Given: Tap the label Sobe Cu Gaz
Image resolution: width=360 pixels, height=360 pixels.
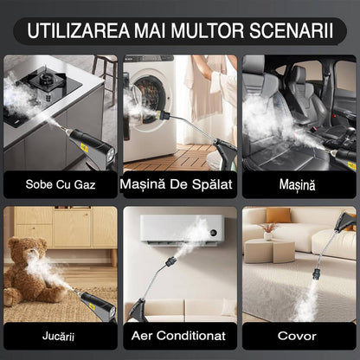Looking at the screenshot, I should [59, 184].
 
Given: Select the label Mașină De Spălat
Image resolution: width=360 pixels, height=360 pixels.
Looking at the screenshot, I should [180, 184].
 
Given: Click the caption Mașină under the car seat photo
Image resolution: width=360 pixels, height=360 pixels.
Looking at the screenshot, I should [299, 184].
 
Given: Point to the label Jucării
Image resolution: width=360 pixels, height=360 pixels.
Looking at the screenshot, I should [59, 335].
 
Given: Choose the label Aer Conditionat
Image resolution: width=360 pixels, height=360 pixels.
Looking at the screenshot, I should [180, 335].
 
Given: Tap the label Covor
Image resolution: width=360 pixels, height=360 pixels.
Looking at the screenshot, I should [299, 335].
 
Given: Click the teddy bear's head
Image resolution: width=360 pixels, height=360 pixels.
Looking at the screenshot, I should [32, 246].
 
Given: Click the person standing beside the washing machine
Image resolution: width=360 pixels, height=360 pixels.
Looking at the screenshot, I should [208, 87].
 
